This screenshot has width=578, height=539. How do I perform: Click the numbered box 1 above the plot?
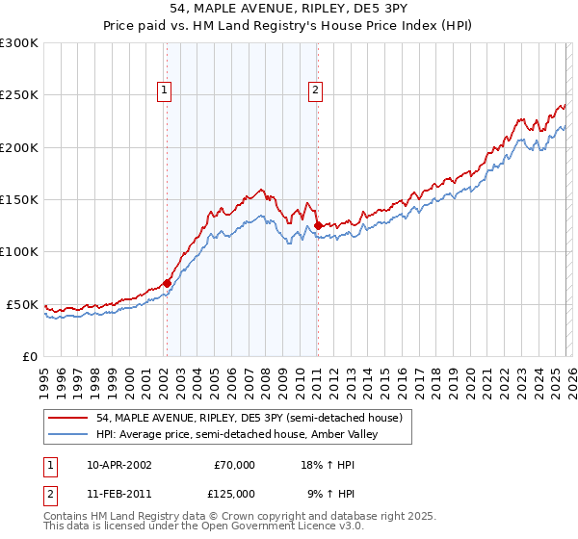(x=165, y=91)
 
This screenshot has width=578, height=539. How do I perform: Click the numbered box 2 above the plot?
(x=315, y=91)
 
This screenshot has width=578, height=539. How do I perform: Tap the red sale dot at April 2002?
(x=167, y=283)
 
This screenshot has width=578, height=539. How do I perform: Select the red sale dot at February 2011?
(x=317, y=226)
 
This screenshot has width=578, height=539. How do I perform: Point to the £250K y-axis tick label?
(x=19, y=95)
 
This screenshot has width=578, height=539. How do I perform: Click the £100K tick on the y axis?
(x=19, y=252)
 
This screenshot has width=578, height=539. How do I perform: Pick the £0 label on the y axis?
(x=29, y=356)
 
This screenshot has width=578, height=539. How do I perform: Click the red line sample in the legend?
(x=69, y=417)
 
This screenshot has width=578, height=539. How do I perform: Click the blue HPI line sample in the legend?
(x=69, y=434)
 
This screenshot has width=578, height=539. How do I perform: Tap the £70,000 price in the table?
(x=234, y=464)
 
